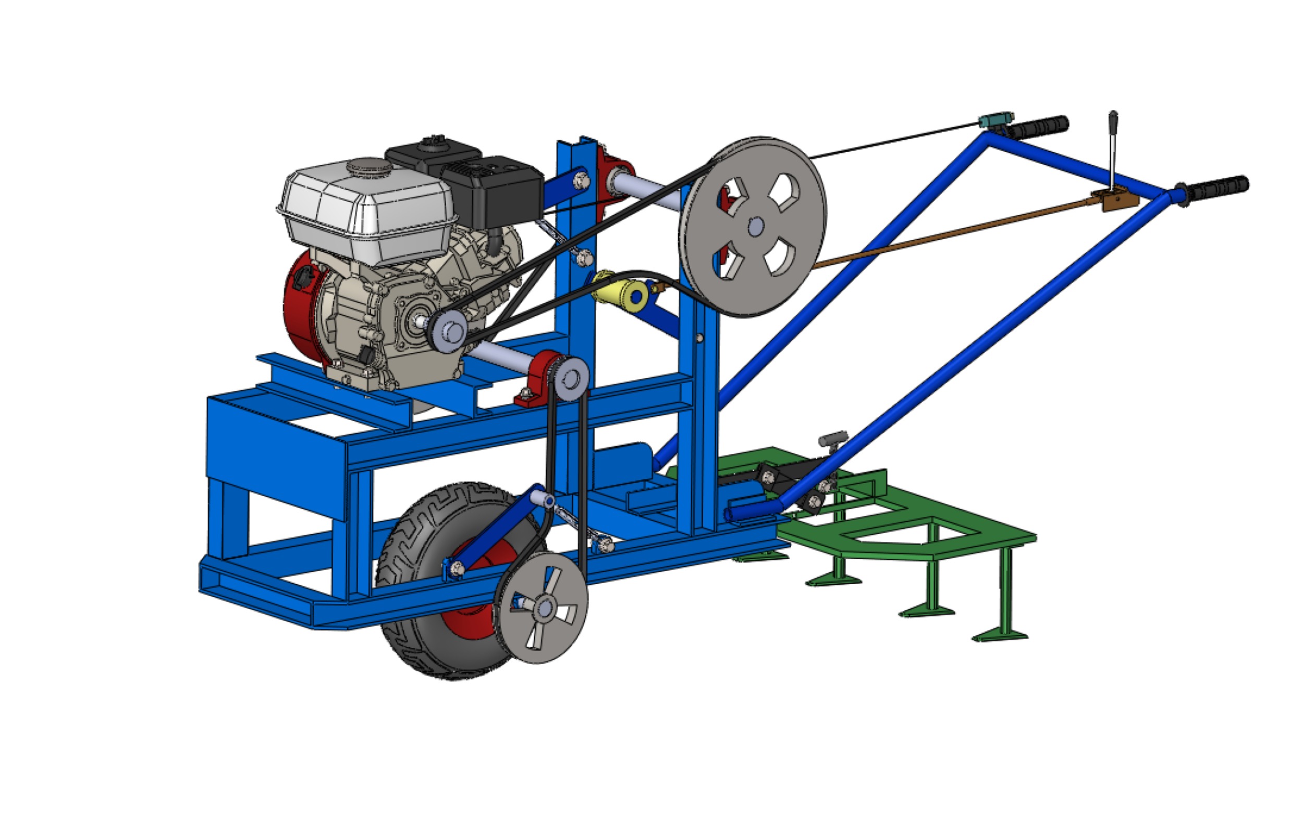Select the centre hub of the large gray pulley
click(x=755, y=227)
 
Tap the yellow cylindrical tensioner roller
click(x=619, y=293)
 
